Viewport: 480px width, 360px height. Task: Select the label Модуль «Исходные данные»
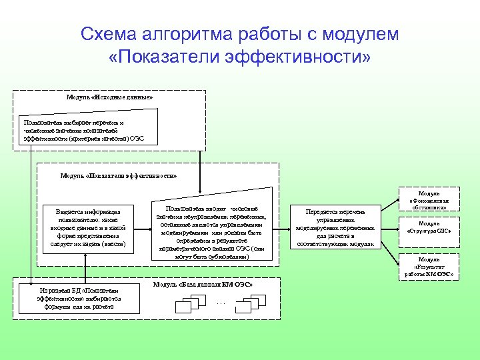point(109,97)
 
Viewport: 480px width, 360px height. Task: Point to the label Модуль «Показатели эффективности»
point(119,175)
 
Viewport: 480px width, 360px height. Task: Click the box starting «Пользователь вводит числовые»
point(211,227)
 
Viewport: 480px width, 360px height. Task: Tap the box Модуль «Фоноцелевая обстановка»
point(429,200)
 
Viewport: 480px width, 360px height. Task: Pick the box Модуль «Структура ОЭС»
point(429,227)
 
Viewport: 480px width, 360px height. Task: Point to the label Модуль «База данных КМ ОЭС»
point(203,285)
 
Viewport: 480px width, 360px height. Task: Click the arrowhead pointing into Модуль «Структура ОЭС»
point(397,227)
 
